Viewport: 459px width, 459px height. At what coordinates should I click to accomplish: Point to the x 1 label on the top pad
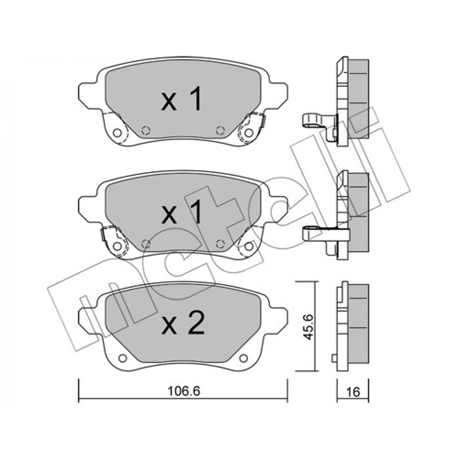pyautogui.click(x=181, y=99)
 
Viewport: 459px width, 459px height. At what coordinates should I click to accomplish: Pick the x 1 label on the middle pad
pyautogui.click(x=181, y=212)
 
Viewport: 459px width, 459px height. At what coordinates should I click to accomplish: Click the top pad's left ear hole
pyautogui.click(x=117, y=133)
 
